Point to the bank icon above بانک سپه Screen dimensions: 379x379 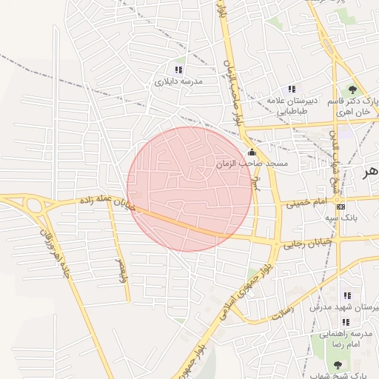pyautogui.click(x=341, y=207)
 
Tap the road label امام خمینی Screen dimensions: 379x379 pyautogui.click(x=305, y=201)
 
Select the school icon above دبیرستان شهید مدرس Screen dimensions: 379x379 pyautogui.click(x=347, y=295)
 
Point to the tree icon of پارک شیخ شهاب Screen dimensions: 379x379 pyautogui.click(x=338, y=364)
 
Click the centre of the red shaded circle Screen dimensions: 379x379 pyautogui.click(x=189, y=189)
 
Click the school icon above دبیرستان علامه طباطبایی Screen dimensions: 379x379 pyautogui.click(x=291, y=90)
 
